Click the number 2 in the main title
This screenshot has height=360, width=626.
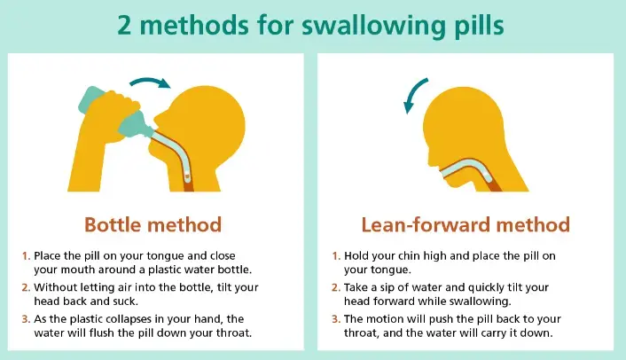(124, 26)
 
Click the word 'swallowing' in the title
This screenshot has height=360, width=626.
(373, 27)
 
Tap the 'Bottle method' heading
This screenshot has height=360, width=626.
(153, 224)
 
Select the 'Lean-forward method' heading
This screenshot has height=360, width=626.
(466, 224)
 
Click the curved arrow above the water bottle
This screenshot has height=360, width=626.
(150, 80)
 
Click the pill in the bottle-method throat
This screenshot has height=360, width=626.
(187, 176)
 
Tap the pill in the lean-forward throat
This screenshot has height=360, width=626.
(487, 175)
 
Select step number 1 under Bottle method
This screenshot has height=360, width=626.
(26, 256)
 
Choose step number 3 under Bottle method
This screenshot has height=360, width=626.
(26, 319)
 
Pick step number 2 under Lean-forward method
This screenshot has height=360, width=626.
(336, 288)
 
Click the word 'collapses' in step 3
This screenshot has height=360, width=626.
(128, 320)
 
